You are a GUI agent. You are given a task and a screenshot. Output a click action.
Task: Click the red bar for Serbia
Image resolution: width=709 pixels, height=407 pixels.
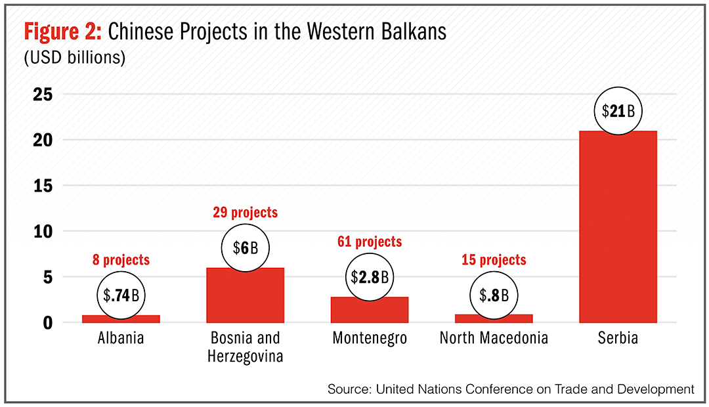(x=618, y=226)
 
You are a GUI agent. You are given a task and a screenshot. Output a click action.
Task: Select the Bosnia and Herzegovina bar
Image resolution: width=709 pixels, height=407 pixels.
(x=245, y=295)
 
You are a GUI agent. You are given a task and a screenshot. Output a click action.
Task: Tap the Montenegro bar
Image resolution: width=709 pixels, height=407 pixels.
(x=370, y=310)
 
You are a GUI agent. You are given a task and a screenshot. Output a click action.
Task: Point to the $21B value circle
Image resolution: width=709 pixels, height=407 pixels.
(x=618, y=111)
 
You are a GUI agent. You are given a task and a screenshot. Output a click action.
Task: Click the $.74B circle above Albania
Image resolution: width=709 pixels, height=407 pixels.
(x=121, y=295)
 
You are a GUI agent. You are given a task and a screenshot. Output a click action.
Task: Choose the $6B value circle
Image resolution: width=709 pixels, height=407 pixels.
(x=245, y=248)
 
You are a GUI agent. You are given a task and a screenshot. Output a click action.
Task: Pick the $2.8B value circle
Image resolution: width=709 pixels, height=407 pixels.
(x=370, y=277)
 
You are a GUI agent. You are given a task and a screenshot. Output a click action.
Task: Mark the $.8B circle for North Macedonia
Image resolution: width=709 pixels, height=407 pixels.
(x=494, y=295)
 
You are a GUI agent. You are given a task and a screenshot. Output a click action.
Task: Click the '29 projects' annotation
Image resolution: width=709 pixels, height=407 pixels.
(x=245, y=213)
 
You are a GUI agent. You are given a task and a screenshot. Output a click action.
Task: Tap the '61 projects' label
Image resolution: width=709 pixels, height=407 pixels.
(x=370, y=242)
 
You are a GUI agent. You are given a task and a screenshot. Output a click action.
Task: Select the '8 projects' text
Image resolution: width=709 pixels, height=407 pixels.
(x=121, y=260)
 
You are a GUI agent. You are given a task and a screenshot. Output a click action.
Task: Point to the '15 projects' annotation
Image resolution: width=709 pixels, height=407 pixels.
(x=494, y=260)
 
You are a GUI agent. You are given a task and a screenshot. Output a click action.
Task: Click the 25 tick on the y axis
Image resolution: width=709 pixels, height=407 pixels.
(x=43, y=95)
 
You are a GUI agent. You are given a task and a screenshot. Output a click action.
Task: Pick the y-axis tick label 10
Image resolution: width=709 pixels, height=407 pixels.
(x=43, y=232)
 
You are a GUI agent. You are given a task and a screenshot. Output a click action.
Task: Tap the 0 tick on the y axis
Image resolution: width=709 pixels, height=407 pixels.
(x=48, y=323)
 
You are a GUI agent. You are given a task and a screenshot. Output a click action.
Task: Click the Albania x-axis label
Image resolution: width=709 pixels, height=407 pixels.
(x=121, y=338)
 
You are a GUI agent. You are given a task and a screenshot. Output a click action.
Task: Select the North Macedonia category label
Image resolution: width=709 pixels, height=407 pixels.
(x=494, y=338)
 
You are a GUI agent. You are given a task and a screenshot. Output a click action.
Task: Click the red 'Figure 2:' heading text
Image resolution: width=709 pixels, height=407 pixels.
(x=62, y=32)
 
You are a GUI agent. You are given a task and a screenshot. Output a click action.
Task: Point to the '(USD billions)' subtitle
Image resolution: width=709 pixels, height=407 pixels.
(x=75, y=57)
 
